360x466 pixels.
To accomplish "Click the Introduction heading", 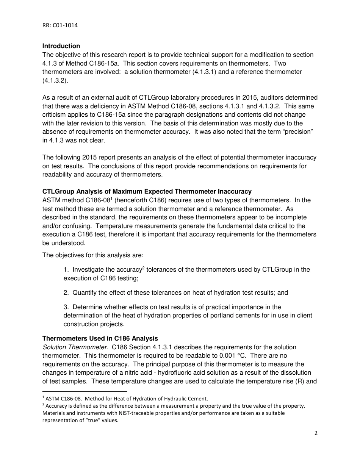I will click(61, 46).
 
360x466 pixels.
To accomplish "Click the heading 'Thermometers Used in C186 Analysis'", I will click(100, 338).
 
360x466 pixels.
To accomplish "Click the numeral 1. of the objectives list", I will click(66, 270).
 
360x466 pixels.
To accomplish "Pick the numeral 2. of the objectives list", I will click(66, 292).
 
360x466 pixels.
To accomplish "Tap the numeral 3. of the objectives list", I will click(66, 307).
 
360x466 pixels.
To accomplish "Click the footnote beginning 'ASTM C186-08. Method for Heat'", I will click(127, 399).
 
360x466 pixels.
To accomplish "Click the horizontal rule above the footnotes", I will click(85, 391).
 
